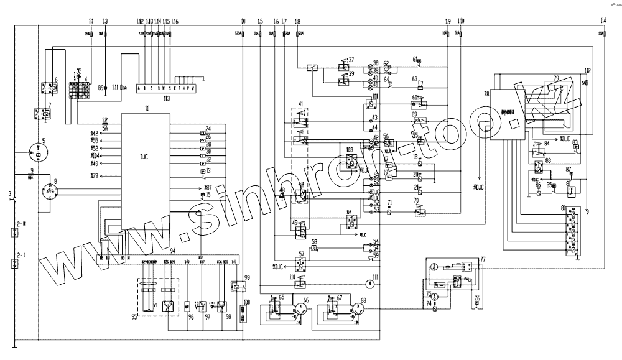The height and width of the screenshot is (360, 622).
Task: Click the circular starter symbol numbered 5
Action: [x=39, y=153]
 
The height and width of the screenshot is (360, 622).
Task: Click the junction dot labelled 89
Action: [x=105, y=88]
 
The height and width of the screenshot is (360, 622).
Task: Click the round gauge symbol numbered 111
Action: [x=369, y=284]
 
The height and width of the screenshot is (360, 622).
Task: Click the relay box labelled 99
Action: [x=236, y=287]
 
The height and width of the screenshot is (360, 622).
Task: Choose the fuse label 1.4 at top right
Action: [x=603, y=21]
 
